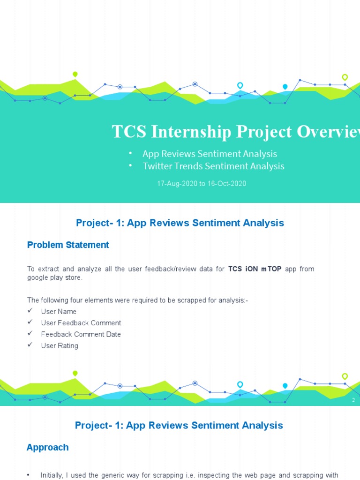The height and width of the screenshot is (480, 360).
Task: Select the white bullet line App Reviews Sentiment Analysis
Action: click(210, 154)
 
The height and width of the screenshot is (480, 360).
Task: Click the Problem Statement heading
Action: click(68, 245)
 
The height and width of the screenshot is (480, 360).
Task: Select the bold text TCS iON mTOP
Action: click(255, 269)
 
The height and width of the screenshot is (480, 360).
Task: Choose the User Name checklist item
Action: click(59, 312)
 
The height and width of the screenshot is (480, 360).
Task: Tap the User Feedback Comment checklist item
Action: click(81, 323)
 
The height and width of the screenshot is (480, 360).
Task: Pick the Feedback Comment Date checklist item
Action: click(81, 334)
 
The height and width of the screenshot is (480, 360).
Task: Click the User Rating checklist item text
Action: click(60, 346)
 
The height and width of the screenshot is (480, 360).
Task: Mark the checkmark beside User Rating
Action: click(30, 345)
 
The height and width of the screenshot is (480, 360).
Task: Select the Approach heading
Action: click(48, 447)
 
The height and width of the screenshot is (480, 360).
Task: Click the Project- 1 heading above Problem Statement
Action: click(180, 223)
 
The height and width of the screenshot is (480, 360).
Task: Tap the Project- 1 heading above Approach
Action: click(179, 426)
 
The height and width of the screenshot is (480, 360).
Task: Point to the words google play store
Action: click(54, 278)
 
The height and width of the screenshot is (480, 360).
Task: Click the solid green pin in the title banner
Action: click(75, 74)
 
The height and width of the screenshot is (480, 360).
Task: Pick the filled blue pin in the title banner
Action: click(285, 87)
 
